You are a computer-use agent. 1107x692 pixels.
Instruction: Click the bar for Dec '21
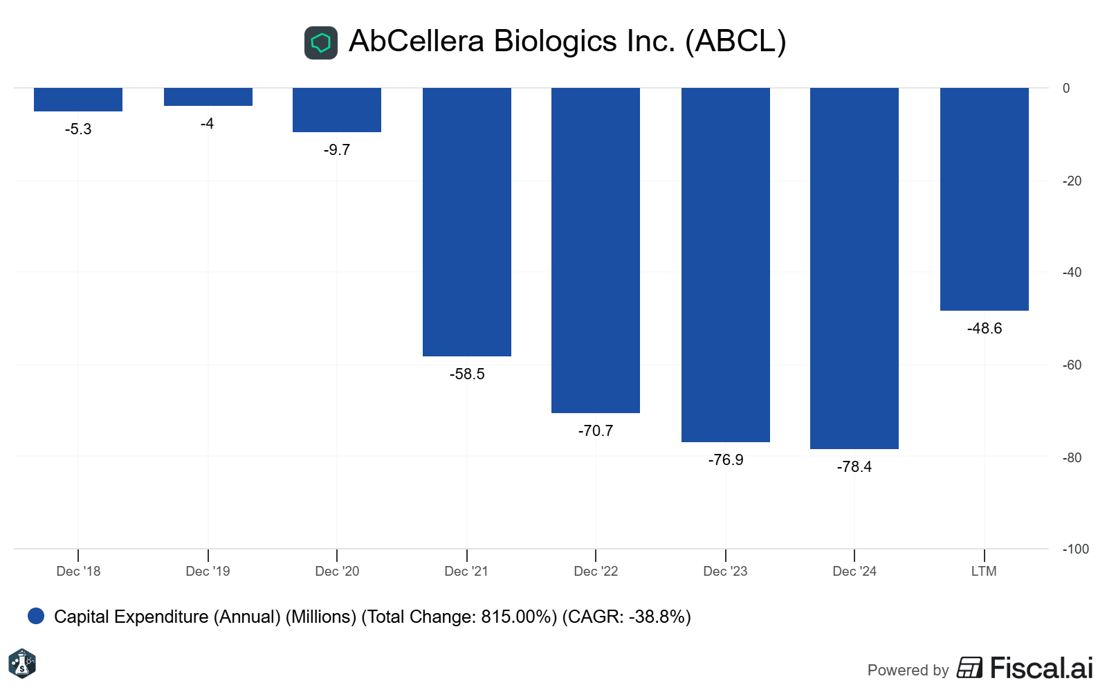coord(467,221)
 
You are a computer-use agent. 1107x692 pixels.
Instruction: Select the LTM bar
coord(984,199)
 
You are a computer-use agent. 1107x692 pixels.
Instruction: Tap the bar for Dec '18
coord(78,99)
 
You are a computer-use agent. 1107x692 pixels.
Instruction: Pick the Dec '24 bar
coord(854,268)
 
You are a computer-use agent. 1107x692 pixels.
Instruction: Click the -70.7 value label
coord(596,431)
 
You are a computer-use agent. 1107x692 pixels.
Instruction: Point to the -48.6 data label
coord(984,329)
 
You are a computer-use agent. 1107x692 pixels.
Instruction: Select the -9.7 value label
coord(337,150)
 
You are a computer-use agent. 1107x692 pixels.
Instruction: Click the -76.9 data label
coord(725,460)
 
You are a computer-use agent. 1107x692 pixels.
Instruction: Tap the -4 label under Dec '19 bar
coord(208,124)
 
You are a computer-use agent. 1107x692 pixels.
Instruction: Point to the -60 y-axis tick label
coord(1072,365)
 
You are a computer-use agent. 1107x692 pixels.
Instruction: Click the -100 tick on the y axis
coord(1075,549)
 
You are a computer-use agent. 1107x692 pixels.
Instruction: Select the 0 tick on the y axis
coord(1066,89)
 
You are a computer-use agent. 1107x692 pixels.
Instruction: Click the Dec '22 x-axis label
coord(596,572)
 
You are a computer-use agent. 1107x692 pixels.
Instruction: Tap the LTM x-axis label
coord(984,572)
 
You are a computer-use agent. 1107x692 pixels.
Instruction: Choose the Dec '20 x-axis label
coord(337,572)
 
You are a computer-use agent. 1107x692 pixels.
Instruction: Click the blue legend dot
coord(36,616)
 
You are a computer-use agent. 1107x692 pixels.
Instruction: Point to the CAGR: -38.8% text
coord(626,617)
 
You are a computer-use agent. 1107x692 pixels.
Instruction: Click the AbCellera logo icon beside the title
coord(321,43)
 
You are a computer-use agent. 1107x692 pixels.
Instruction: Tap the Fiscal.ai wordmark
coord(1041,668)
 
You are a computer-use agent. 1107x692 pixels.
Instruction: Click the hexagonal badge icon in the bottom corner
coord(22,664)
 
